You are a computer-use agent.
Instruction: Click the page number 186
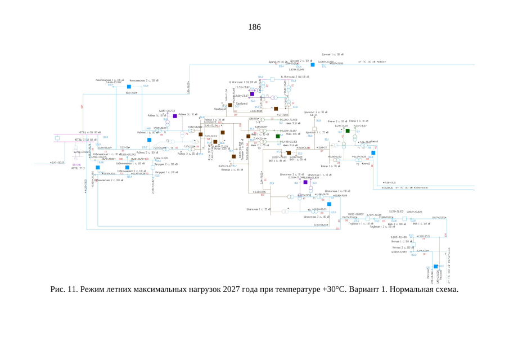[x=254, y=26]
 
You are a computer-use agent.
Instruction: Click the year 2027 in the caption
[x=222, y=290]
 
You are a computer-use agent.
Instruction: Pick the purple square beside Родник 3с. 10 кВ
[x=175, y=116]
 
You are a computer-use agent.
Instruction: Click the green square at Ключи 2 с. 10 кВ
[x=348, y=130]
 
